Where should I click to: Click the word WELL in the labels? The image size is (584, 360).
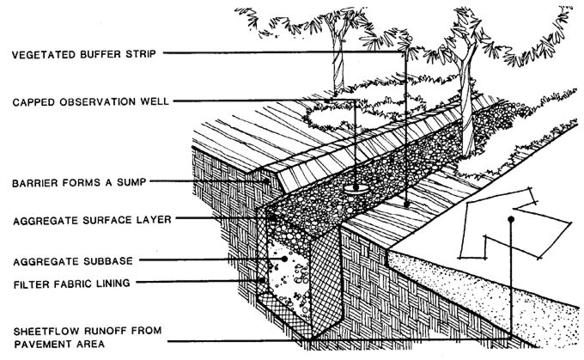154,102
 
